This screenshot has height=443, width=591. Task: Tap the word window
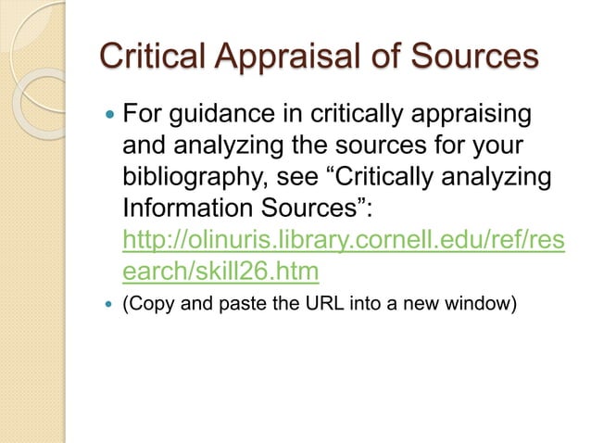(x=477, y=303)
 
